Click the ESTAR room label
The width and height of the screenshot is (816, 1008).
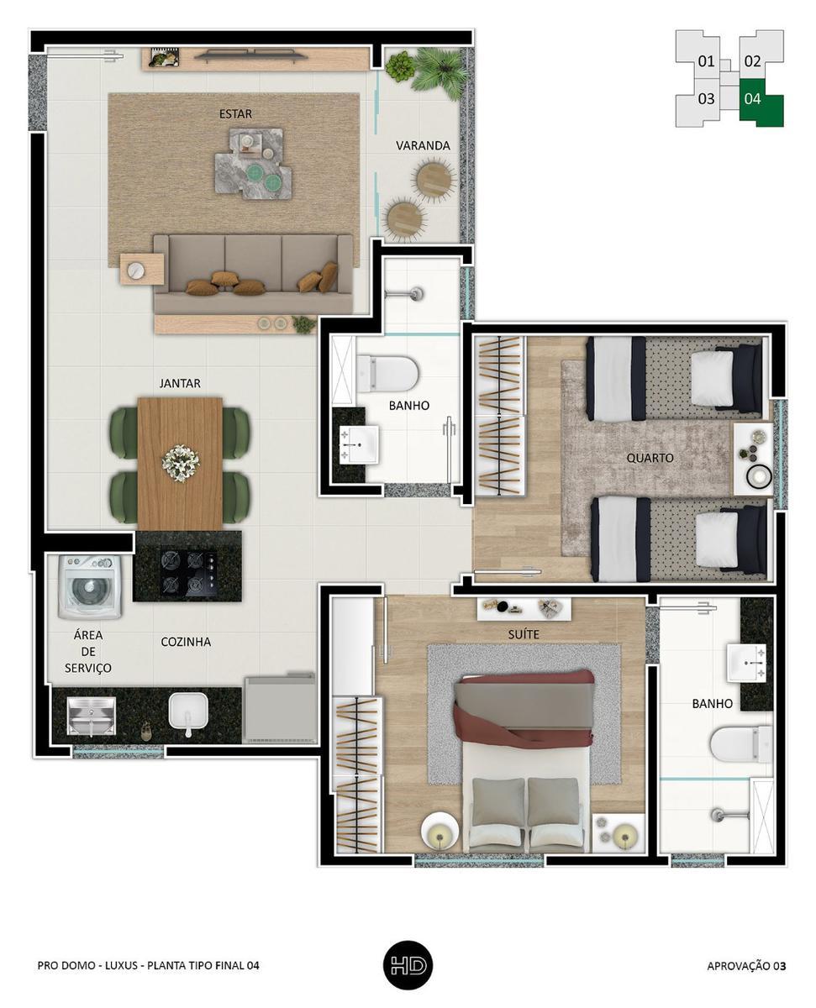235,113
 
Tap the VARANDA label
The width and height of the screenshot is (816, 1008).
423,146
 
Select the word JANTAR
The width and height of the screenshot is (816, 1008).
180,383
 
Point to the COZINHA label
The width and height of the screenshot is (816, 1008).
186,642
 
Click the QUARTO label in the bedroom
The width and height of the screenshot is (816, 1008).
650,458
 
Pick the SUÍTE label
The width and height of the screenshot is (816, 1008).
524,634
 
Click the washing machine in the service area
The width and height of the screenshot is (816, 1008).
89,587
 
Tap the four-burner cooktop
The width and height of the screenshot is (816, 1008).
189,573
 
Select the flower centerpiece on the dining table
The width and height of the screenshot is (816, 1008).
181,464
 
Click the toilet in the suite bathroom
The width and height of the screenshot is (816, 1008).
741,745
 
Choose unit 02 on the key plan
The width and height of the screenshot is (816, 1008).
752,61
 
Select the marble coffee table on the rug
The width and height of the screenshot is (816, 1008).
254,163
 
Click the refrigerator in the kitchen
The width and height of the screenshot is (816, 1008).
279,708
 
